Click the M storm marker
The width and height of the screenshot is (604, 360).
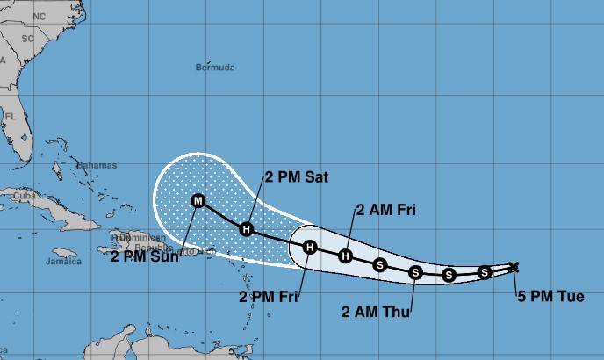tap(198, 201)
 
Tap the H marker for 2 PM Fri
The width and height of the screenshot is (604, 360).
tap(310, 248)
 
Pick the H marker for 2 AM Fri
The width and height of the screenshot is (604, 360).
tap(346, 256)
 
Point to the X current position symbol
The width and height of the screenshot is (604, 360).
tap(514, 267)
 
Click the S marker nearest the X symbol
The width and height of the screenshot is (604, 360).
tap(484, 273)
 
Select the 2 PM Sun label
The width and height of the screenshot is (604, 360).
tap(145, 256)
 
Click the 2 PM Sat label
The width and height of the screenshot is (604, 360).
tap(297, 176)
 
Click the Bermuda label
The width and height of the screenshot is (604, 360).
tap(215, 67)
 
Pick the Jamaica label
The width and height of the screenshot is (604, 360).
tap(63, 261)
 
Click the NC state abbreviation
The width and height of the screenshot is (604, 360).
tap(39, 17)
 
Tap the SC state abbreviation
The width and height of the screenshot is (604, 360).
tap(27, 40)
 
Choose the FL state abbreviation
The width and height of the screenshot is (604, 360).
tap(11, 116)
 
